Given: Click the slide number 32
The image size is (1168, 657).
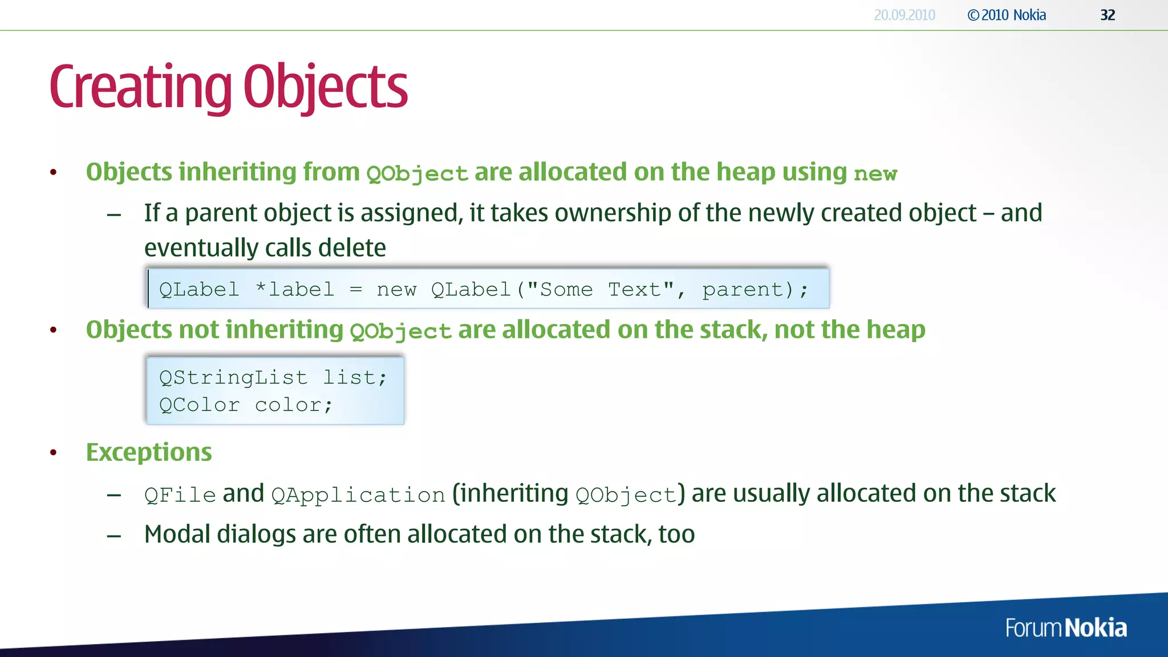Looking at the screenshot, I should [1107, 15].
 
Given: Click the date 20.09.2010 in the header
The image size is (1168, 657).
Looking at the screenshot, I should [905, 15].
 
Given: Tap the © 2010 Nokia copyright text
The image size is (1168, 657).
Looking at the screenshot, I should [1007, 15].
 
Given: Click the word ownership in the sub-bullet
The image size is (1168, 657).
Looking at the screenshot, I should [613, 213].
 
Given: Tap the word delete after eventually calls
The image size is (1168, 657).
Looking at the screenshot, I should [352, 248].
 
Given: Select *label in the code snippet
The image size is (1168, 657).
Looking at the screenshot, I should [294, 290].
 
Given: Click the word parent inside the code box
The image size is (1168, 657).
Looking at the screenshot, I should [743, 290].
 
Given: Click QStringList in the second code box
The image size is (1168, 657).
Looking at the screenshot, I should [233, 378].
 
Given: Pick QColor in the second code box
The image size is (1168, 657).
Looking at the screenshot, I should [199, 405].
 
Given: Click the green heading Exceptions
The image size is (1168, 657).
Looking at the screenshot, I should [149, 453].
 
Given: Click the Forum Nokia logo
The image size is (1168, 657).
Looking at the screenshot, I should [1065, 628].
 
